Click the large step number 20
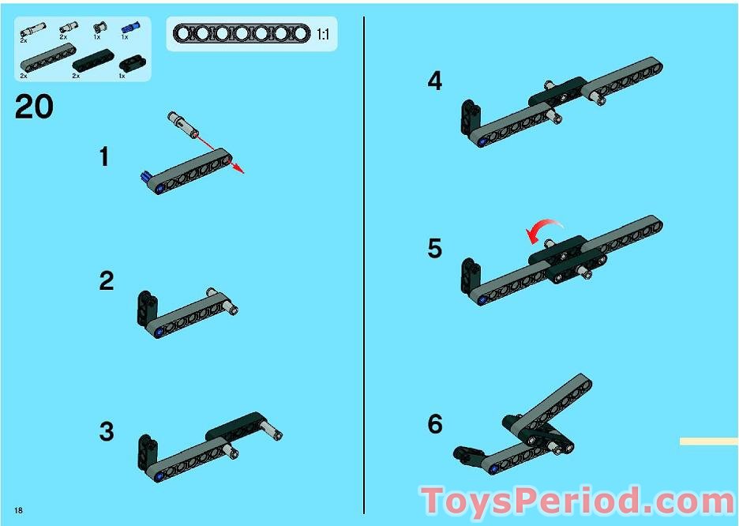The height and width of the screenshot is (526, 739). tap(34, 107)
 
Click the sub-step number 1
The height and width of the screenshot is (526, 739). tap(105, 157)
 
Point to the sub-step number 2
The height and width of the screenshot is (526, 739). tap(107, 281)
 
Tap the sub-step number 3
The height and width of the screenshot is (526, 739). tap(107, 432)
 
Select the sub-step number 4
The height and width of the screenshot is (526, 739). tap(435, 81)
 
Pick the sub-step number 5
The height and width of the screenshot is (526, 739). tap(435, 248)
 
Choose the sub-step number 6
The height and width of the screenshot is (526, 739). tap(435, 423)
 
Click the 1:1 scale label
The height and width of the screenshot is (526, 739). tap(324, 35)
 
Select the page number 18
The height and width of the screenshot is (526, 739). tap(18, 510)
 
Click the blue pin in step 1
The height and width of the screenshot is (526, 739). tap(147, 177)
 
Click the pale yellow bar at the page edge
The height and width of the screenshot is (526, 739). tap(709, 441)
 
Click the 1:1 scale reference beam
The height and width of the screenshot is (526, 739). tap(242, 33)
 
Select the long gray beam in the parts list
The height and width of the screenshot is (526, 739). tap(47, 58)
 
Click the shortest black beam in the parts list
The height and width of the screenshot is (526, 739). tap(133, 64)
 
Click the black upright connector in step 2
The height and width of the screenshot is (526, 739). tap(145, 308)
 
